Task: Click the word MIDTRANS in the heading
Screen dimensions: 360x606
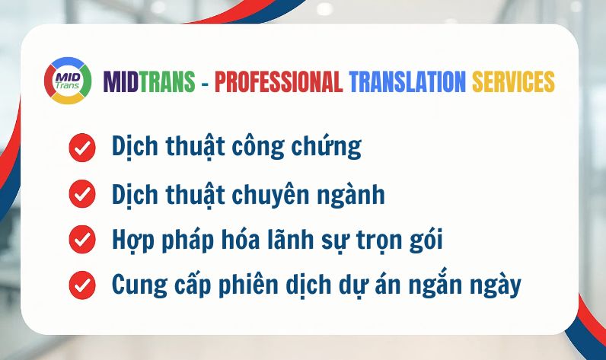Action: (x=149, y=81)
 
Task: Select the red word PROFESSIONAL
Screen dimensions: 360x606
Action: (x=279, y=81)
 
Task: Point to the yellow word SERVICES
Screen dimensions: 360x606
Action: (x=513, y=81)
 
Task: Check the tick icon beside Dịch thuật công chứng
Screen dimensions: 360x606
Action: (x=81, y=148)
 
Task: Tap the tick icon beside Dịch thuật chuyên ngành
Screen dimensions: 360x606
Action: (x=81, y=194)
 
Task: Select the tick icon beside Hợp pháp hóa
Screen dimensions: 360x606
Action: (x=81, y=240)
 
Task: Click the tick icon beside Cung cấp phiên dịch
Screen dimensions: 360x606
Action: (x=81, y=286)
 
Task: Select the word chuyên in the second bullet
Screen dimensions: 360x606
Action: (x=281, y=195)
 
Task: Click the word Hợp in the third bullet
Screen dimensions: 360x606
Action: (x=132, y=241)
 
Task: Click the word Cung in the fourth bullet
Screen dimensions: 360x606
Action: (x=136, y=287)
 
